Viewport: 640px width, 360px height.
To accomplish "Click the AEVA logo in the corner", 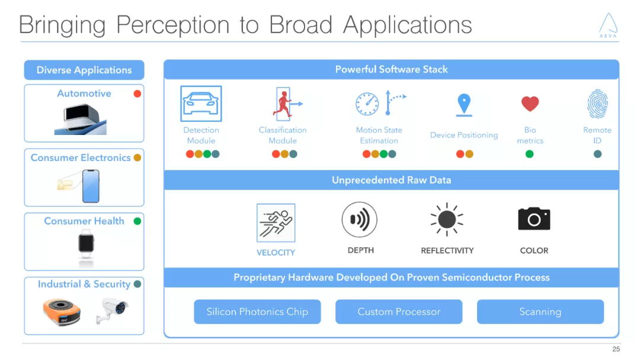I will [x=608, y=25].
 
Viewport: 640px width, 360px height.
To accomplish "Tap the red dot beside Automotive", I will [x=137, y=94].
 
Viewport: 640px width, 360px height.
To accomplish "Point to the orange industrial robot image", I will [x=61, y=311].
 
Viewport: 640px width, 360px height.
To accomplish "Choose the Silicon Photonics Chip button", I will [x=257, y=312].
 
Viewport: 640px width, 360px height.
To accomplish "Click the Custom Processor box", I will [x=399, y=312].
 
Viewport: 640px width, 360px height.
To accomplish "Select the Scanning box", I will [x=540, y=312].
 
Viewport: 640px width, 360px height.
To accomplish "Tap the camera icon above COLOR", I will [x=534, y=219].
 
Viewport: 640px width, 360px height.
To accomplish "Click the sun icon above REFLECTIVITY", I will [x=447, y=220].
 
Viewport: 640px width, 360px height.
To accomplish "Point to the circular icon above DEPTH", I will [x=360, y=220].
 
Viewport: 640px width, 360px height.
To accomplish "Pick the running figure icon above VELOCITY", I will [x=276, y=223].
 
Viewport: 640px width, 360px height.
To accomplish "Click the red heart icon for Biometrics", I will [x=530, y=104].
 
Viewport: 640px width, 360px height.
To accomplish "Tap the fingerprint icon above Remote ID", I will [x=597, y=104].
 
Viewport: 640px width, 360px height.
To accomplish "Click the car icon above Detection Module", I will [x=201, y=104].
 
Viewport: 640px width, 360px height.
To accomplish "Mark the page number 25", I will [x=616, y=349].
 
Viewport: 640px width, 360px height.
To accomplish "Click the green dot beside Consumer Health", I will [x=137, y=221].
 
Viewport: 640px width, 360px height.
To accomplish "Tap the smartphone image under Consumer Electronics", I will [x=91, y=186].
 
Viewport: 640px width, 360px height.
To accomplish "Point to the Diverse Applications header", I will [x=84, y=70].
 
